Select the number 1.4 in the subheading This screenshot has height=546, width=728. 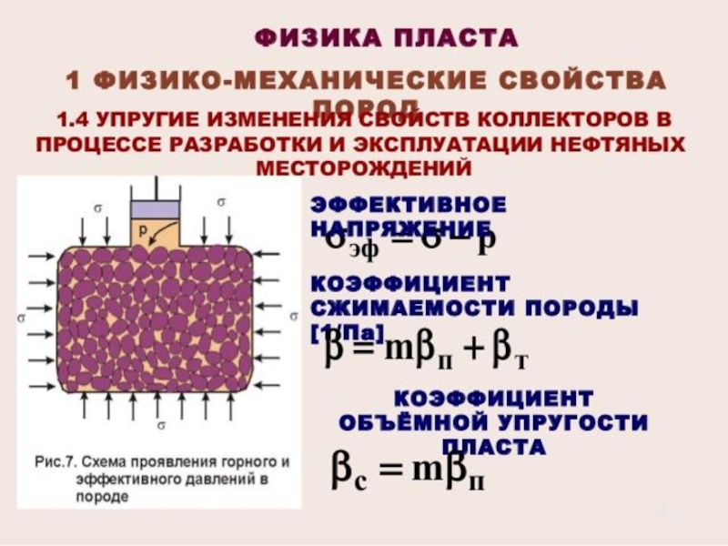[74, 119]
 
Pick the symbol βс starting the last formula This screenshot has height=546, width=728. [347, 471]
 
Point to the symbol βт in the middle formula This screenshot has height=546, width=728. [510, 355]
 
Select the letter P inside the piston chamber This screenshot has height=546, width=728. [144, 228]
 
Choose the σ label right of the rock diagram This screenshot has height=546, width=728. [293, 316]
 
